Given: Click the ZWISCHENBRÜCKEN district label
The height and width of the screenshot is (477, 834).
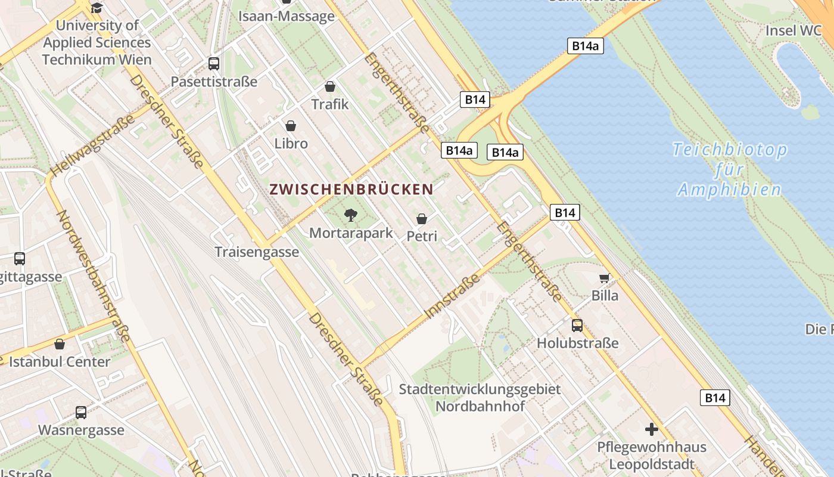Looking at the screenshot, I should click(x=351, y=190).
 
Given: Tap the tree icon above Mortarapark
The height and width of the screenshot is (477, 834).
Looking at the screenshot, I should click(x=351, y=215).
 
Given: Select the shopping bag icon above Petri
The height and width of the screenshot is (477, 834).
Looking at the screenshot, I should click(x=422, y=219).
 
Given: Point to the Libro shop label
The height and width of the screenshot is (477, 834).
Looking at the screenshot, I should click(x=291, y=144).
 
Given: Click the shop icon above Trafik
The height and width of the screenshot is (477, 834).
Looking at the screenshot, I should click(x=330, y=86).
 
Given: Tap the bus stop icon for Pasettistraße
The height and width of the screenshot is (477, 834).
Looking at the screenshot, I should click(x=213, y=63).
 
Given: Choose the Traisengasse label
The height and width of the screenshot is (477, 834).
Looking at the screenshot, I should click(x=257, y=252).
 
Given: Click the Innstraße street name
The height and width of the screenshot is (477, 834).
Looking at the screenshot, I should click(x=453, y=296).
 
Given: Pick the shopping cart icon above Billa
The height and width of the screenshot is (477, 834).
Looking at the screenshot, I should click(x=605, y=278).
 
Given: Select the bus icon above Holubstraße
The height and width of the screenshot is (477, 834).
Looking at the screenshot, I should click(x=577, y=325).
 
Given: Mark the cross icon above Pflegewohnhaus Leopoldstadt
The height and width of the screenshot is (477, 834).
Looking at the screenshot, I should click(x=652, y=429).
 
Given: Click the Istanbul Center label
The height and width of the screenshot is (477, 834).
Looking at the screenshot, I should click(x=60, y=362).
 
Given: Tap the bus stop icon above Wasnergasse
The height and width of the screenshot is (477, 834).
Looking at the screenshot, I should click(x=81, y=412).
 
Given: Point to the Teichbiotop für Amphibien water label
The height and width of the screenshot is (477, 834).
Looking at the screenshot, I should click(x=730, y=170).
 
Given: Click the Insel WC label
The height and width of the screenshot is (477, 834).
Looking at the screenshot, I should click(x=793, y=30).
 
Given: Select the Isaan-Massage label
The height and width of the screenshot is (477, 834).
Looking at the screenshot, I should click(x=287, y=16).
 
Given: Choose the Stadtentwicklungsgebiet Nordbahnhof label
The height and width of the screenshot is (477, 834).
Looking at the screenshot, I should click(x=480, y=398).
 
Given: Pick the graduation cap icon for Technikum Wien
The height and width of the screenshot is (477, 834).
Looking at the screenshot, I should click(x=97, y=8).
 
